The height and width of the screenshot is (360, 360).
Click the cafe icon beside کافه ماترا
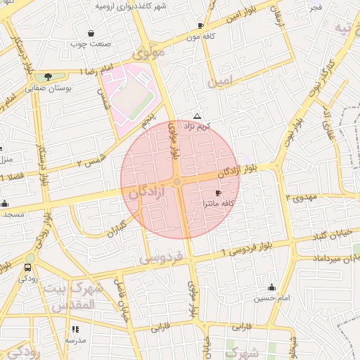pyautogui.click(x=218, y=193)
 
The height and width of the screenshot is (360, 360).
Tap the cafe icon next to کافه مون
pyautogui.click(x=201, y=25)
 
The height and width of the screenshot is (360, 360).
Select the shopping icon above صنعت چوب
pyautogui.click(x=91, y=33)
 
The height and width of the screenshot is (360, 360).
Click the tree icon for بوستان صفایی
pyautogui.click(x=48, y=76)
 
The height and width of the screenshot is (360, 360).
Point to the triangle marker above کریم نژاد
pyautogui.click(x=197, y=116)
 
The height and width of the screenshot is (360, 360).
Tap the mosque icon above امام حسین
pyautogui.click(x=271, y=287)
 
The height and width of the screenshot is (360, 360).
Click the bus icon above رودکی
pyautogui.click(x=28, y=267)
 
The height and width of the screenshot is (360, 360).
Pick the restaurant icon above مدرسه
pyautogui.click(x=75, y=328)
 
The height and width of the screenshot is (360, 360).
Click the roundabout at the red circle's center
pyautogui.click(x=177, y=182)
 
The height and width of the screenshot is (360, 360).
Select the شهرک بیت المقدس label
pyautogui.click(x=73, y=295)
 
